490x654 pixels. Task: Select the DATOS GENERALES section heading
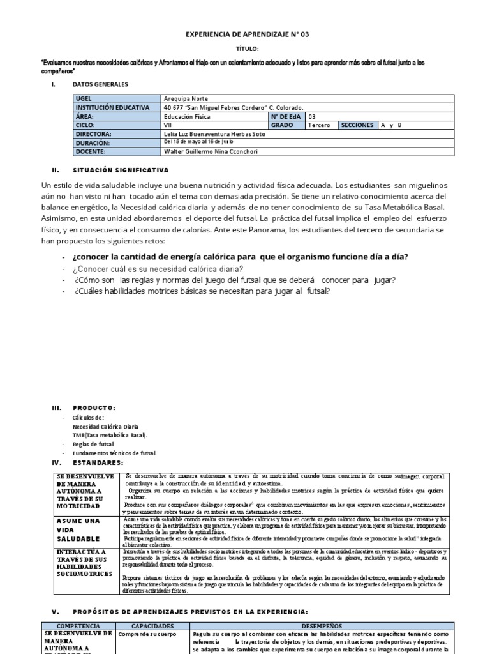click(100, 84)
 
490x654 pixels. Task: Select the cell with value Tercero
click(319, 126)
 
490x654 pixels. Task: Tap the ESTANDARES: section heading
click(98, 462)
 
